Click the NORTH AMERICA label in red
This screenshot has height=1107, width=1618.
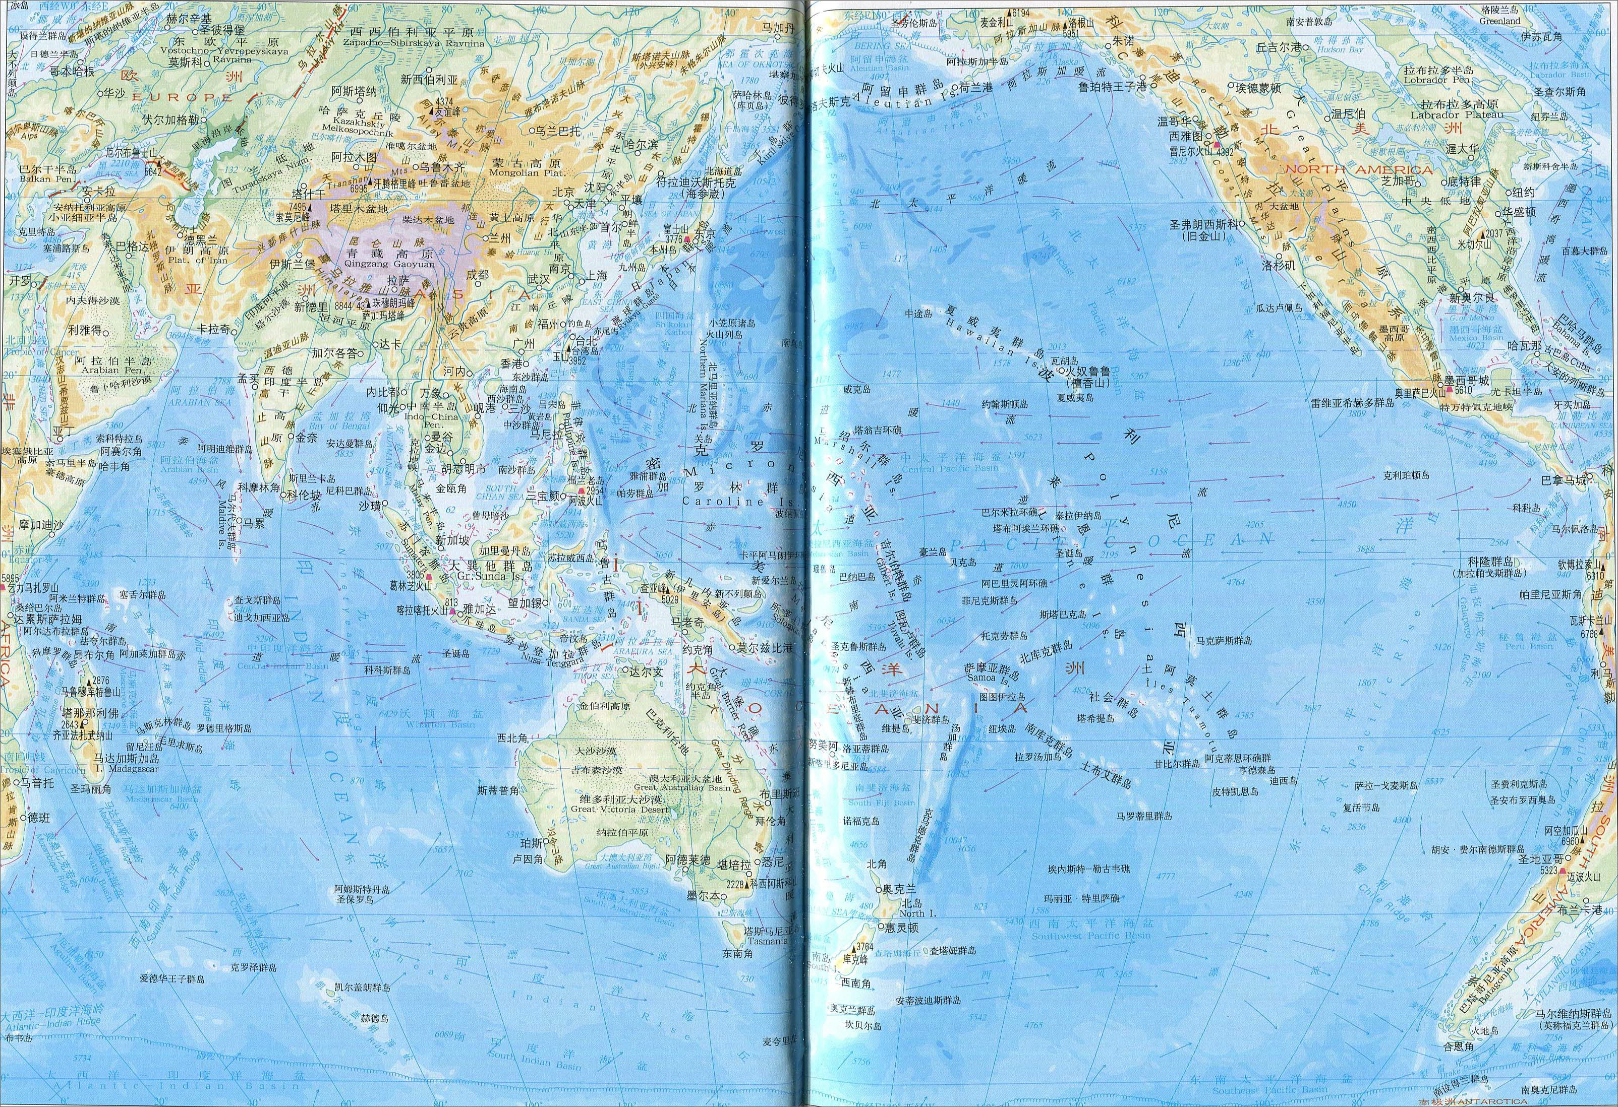(1358, 170)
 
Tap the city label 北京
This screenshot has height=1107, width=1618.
(563, 192)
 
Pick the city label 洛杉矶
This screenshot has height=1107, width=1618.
(1279, 265)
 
